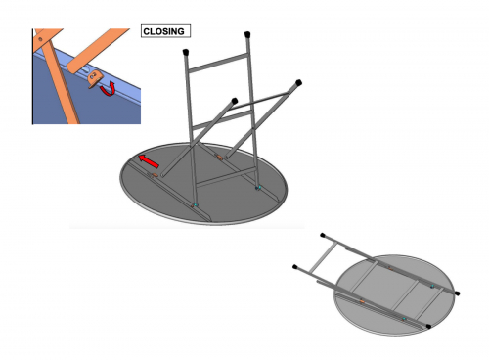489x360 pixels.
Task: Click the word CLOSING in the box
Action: [x=163, y=31]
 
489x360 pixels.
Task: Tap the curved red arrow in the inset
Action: [x=109, y=90]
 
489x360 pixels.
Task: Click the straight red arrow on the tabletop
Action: [x=149, y=161]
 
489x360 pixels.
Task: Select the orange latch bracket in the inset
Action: [x=95, y=78]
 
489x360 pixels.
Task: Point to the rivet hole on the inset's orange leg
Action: [x=40, y=39]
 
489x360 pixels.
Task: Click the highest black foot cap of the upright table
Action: [x=247, y=34]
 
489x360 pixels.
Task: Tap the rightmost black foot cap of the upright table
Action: [x=298, y=82]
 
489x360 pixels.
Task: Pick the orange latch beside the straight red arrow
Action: [x=154, y=175]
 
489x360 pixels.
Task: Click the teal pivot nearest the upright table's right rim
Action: [x=258, y=188]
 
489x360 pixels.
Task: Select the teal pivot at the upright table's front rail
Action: [x=196, y=205]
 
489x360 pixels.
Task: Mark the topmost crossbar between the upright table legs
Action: [x=218, y=64]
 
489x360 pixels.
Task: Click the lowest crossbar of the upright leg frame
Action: [x=226, y=178]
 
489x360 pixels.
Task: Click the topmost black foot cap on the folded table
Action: [x=323, y=235]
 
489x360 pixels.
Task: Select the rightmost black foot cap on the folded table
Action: [x=457, y=293]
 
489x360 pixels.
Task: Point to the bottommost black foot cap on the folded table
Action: [x=429, y=326]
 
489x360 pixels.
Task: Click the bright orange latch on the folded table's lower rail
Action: [x=362, y=301]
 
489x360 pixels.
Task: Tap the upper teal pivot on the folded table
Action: [x=432, y=286]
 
